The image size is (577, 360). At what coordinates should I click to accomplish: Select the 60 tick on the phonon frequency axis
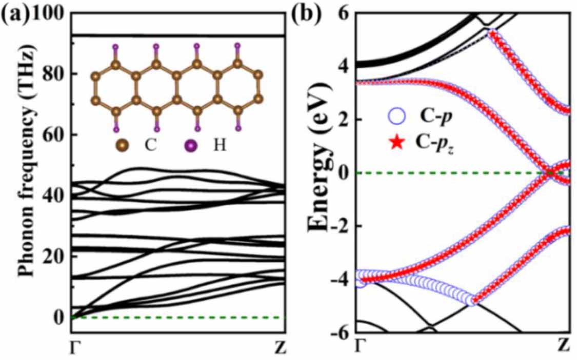pos(55,134)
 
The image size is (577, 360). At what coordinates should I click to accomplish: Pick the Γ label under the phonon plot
pos(74,349)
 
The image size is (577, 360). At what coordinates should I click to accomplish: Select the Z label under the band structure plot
pos(565,349)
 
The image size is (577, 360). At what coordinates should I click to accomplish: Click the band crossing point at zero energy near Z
pos(549,173)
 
